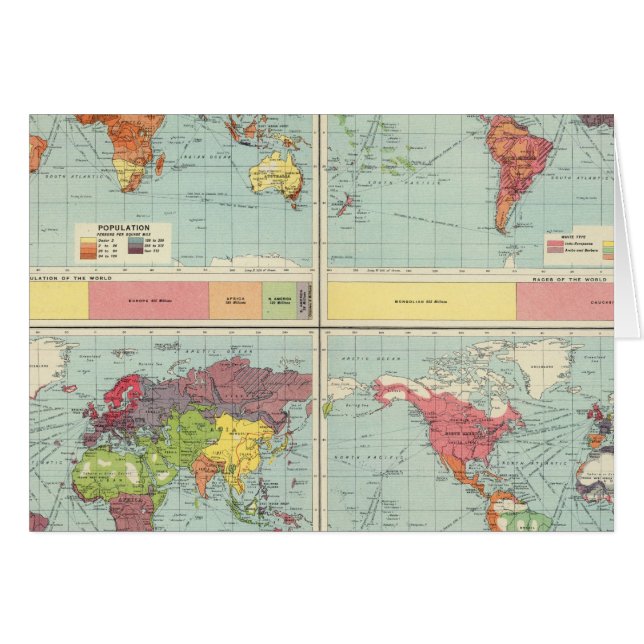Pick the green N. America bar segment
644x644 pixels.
[x=279, y=299]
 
